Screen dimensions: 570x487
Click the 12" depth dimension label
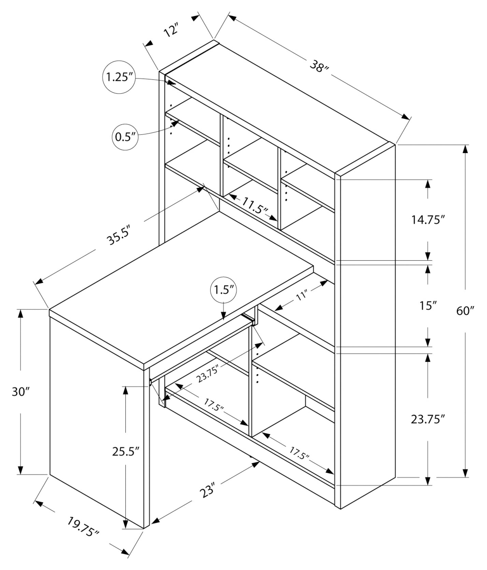171,31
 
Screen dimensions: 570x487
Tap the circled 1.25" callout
118,77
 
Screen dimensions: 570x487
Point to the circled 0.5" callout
125,137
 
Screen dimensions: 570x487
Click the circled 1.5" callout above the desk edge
223,290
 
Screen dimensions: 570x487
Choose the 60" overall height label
465,311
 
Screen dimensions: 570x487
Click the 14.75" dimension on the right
428,220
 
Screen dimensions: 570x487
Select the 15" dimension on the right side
428,305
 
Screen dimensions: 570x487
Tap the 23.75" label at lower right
428,419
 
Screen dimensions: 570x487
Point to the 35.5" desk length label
118,237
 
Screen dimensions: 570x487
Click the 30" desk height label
21,391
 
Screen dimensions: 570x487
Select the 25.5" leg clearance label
126,451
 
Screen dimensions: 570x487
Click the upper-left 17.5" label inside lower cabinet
214,405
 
